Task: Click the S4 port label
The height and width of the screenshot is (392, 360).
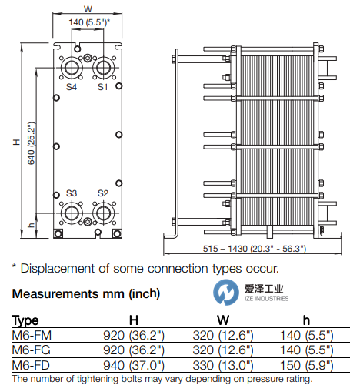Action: point(72,87)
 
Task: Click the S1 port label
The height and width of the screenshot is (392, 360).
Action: point(102,87)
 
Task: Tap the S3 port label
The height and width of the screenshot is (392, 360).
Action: point(72,193)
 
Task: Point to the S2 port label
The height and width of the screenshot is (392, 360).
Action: point(103,193)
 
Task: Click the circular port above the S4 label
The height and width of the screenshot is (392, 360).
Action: point(72,68)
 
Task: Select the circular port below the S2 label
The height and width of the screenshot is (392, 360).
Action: point(103,213)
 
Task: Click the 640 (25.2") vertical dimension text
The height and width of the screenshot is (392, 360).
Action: point(32,143)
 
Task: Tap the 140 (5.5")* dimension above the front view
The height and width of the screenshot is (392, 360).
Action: point(89,22)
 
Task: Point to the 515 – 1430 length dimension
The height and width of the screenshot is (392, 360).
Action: point(255,249)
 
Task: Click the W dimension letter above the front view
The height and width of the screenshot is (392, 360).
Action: point(88,9)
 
